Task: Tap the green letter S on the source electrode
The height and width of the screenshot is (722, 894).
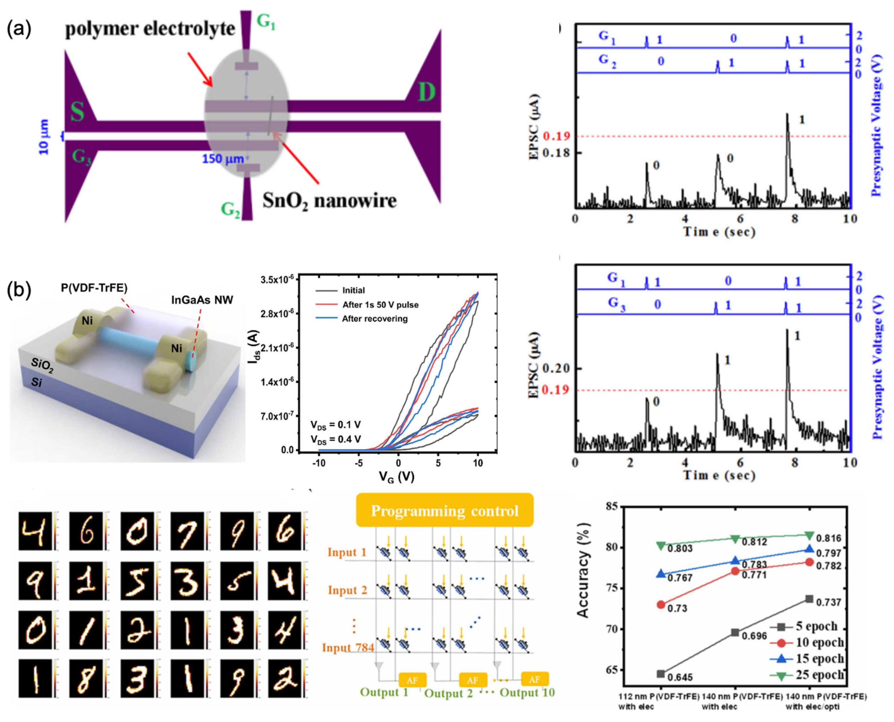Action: pyautogui.click(x=77, y=111)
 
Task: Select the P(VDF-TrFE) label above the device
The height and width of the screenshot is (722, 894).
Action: pyautogui.click(x=94, y=288)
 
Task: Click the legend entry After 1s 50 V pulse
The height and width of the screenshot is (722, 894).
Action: pyautogui.click(x=380, y=305)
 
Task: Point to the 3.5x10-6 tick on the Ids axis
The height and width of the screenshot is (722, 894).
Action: pyautogui.click(x=277, y=280)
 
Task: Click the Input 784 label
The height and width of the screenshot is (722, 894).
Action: pyautogui.click(x=348, y=648)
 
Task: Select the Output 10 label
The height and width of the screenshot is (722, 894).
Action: pyautogui.click(x=527, y=693)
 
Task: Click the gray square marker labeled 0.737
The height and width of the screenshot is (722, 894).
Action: pyautogui.click(x=809, y=599)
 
